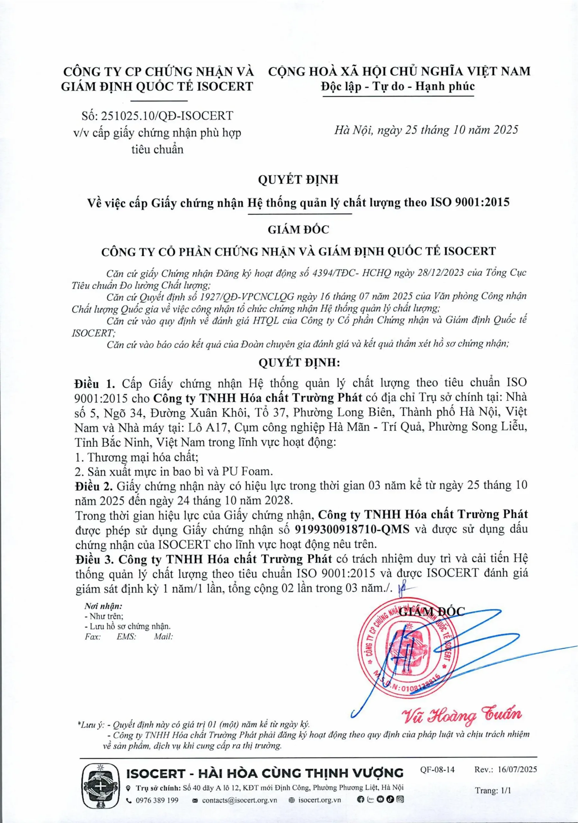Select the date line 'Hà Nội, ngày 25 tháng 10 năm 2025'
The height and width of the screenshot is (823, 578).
tap(426, 130)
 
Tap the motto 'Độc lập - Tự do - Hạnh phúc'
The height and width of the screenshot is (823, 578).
tap(398, 86)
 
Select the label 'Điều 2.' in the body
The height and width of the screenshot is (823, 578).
tap(94, 486)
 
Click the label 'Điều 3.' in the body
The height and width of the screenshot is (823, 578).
tap(94, 559)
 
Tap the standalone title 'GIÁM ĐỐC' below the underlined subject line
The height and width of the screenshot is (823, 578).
tap(298, 230)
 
